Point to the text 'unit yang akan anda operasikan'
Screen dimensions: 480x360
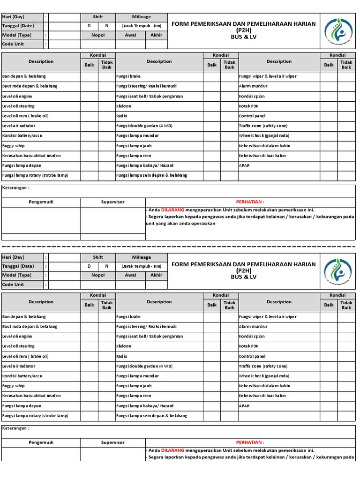(180, 224)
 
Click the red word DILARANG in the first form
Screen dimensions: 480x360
(172, 210)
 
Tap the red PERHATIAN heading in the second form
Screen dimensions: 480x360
(250, 442)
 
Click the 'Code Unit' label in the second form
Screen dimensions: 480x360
(13, 285)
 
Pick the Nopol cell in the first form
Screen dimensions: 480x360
(98, 35)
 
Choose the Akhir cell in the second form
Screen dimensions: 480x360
(156, 275)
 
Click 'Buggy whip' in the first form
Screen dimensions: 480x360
(14, 146)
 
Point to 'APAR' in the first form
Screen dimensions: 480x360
(244, 165)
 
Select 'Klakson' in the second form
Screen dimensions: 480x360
(124, 346)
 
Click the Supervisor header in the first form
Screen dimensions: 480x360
(113, 202)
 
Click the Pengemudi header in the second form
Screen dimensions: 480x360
(41, 442)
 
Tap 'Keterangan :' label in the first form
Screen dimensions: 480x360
(16, 187)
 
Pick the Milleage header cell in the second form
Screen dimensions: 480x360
(141, 257)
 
